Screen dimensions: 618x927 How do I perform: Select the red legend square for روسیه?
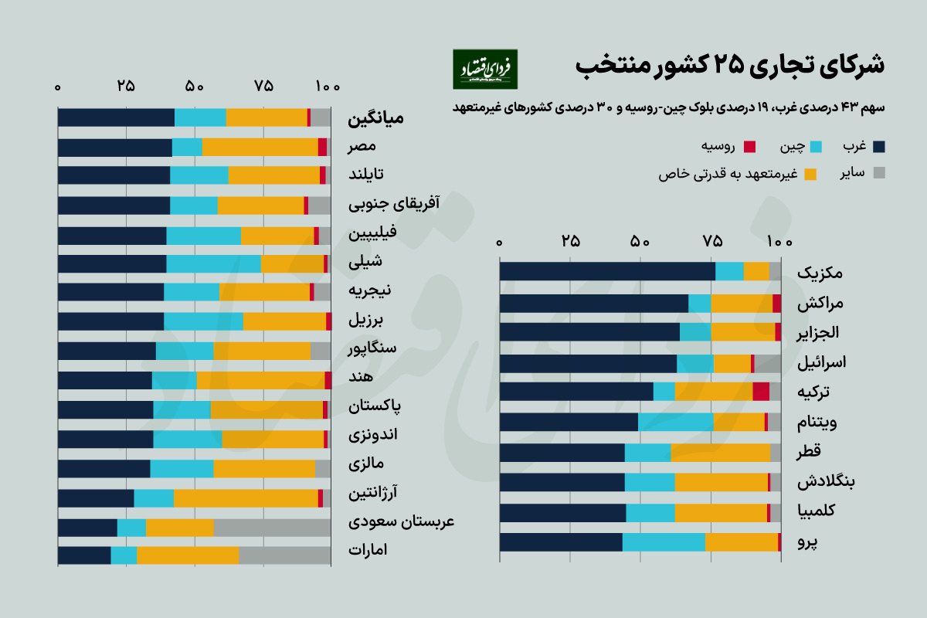tap(749, 146)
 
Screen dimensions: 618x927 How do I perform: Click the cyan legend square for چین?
tap(818, 146)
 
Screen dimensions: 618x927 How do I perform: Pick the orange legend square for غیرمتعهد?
tap(810, 175)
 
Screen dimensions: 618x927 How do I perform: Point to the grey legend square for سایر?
tap(879, 175)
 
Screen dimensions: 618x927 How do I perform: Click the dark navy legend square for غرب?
tap(879, 146)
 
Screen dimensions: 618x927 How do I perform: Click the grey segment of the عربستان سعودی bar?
tap(272, 528)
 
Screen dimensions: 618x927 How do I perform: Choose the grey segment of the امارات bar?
tap(284, 555)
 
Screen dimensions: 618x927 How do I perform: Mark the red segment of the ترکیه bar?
tap(761, 392)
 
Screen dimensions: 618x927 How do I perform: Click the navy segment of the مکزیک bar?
tap(607, 271)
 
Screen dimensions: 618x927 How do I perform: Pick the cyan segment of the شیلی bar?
tap(213, 263)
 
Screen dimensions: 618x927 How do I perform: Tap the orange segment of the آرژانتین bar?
tap(246, 498)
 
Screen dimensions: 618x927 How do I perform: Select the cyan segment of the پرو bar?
tap(664, 542)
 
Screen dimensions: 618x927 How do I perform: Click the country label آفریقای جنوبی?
tap(394, 204)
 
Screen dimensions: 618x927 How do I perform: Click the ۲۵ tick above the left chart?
tap(126, 86)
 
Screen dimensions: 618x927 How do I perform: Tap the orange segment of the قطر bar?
tap(720, 453)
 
